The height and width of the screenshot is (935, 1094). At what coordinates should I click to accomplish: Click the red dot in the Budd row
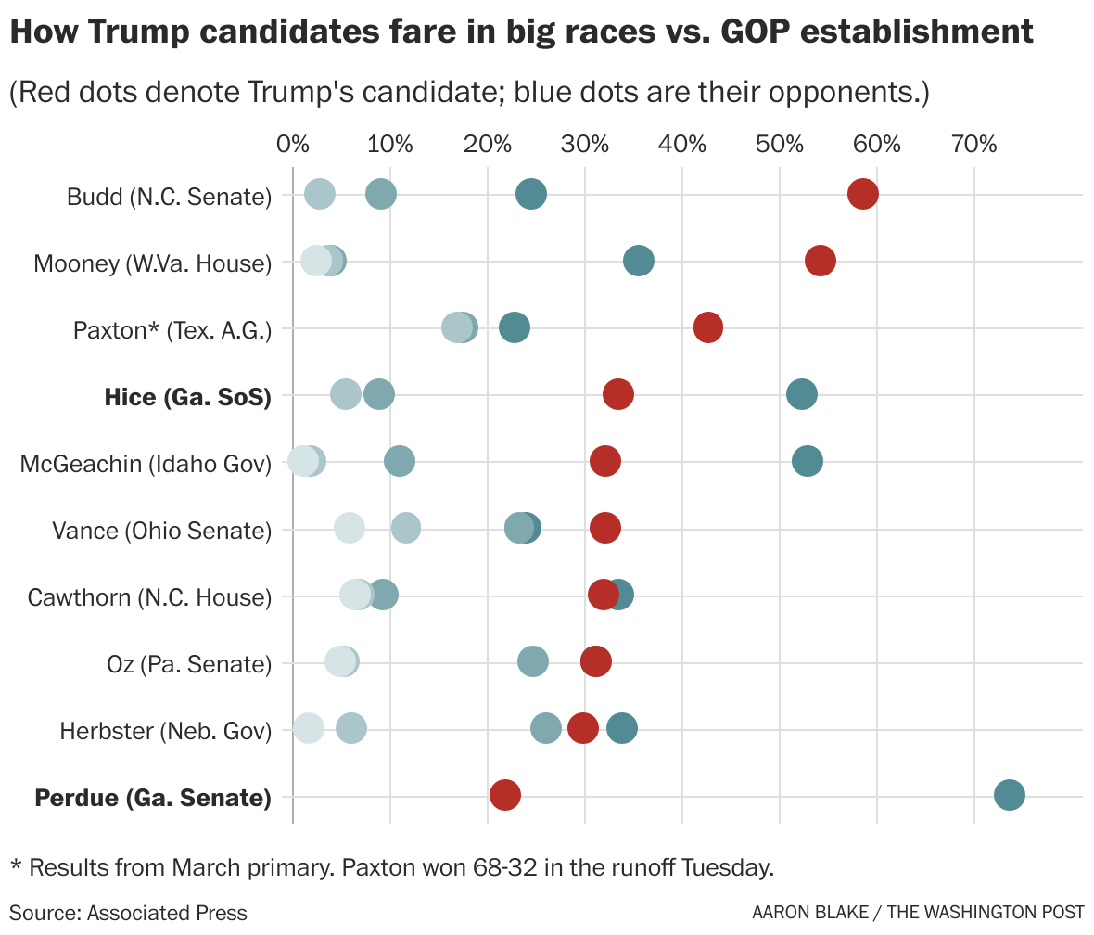(862, 195)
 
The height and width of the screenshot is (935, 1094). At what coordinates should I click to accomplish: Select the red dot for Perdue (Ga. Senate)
(504, 795)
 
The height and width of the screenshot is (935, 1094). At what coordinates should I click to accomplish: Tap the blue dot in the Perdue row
(1009, 795)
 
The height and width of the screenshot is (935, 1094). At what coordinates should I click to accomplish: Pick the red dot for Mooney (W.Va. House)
(820, 262)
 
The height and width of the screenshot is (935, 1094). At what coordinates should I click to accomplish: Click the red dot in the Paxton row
(708, 327)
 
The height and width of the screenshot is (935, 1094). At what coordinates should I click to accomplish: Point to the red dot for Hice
(618, 394)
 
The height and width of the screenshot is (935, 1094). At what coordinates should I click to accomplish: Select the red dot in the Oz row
(596, 661)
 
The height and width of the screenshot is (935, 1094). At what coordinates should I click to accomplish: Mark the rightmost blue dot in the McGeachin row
(808, 461)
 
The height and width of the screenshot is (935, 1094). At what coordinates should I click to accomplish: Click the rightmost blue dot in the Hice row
(802, 394)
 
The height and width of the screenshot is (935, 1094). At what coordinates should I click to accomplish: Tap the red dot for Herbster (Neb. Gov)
(583, 728)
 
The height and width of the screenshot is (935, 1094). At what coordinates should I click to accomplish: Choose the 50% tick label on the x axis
(780, 145)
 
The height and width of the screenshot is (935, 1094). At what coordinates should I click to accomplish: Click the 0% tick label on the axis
(292, 145)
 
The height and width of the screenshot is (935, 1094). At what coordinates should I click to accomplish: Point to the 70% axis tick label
(974, 145)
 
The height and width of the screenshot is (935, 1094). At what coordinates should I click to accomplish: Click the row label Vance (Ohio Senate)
(161, 531)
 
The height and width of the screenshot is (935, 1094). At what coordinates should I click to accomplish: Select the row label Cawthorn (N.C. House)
(149, 597)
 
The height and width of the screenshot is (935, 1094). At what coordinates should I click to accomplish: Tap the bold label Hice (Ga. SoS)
(187, 397)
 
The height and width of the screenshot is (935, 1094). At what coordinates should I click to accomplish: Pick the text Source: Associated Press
(129, 913)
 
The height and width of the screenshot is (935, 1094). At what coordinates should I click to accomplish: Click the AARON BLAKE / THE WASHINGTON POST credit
(918, 913)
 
